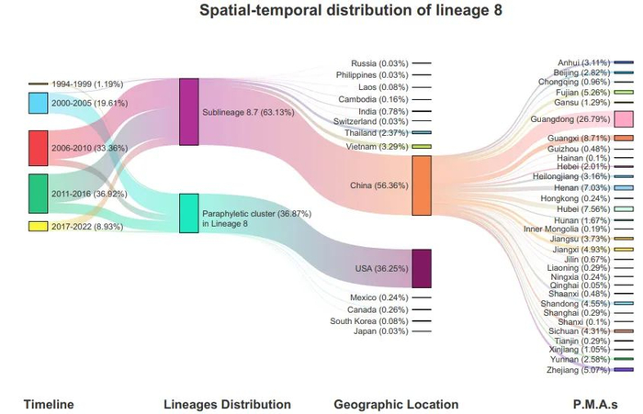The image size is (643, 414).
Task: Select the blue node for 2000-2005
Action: pos(38,104)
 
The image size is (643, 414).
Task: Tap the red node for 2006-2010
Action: pos(38,148)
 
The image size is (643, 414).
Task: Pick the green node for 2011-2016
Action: pos(38,194)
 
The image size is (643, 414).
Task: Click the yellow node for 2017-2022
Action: pos(38,226)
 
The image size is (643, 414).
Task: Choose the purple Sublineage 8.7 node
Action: pos(189,112)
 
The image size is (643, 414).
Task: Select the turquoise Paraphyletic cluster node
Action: pos(189,213)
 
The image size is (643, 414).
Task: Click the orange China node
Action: pos(422,185)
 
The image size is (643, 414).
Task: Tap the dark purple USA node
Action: pos(422,268)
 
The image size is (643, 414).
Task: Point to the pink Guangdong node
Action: pos(624,119)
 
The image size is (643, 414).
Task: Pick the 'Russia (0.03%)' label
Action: pos(378,62)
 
